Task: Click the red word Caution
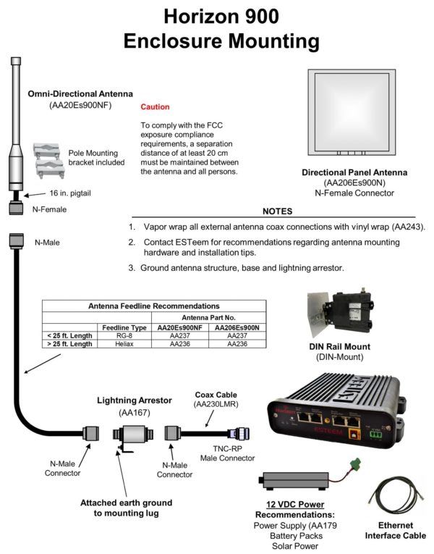pos(155,106)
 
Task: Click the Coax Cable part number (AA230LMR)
pos(216,405)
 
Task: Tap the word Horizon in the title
pos(199,16)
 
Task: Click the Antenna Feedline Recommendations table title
pos(153,306)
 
